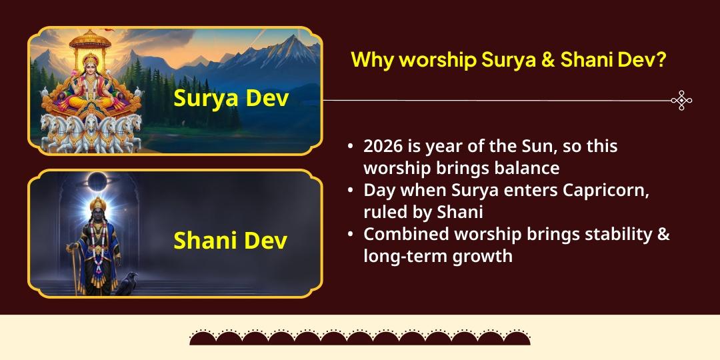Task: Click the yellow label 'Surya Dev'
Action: click(231, 98)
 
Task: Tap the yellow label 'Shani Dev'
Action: click(230, 240)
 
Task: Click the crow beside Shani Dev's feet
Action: click(126, 283)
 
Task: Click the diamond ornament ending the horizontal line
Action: click(681, 101)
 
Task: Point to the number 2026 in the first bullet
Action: click(383, 146)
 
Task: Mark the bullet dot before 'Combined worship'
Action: click(351, 235)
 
